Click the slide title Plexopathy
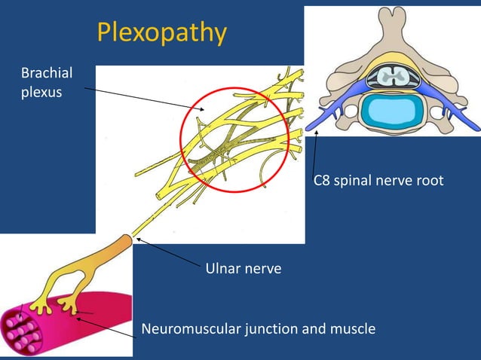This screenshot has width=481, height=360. (x=161, y=32)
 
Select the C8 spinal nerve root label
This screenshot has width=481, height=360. (x=378, y=181)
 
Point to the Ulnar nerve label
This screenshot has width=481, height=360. (x=243, y=268)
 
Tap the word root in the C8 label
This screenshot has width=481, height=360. (x=429, y=181)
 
